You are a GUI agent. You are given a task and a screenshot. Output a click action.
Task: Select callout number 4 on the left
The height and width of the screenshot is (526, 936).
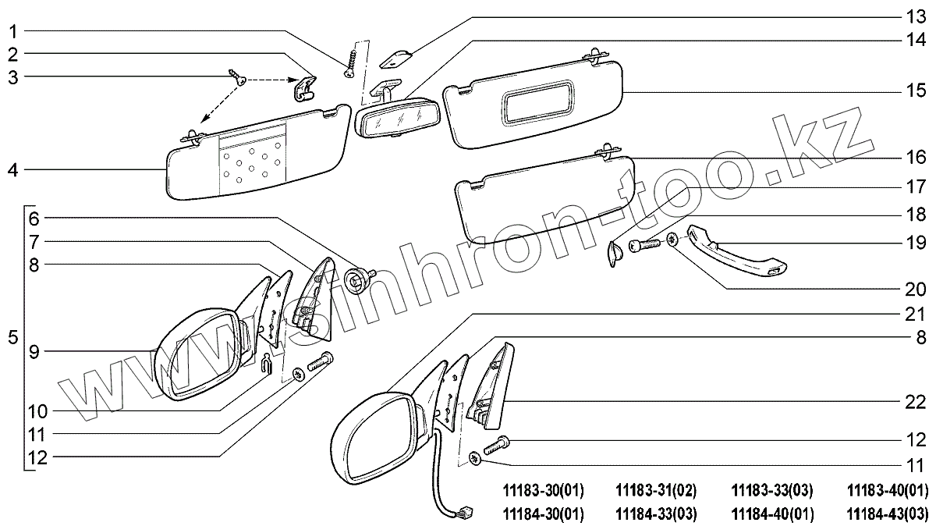14,169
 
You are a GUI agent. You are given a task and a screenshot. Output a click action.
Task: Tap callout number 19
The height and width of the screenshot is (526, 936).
914,243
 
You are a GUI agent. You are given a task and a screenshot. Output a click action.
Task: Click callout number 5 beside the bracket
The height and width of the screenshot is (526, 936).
12,339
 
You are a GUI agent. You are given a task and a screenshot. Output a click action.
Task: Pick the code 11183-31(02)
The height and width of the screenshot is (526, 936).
656,491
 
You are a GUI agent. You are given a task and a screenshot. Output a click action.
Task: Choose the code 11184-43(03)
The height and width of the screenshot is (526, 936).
888,514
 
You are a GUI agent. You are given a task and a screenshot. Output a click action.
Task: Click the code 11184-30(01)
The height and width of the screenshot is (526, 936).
543,514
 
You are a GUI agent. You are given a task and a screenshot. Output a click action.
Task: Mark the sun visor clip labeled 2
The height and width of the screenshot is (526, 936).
305,89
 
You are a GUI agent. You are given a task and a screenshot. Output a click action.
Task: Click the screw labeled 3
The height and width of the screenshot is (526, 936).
238,78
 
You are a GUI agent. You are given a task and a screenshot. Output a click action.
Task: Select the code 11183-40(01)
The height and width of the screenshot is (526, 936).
888,491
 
